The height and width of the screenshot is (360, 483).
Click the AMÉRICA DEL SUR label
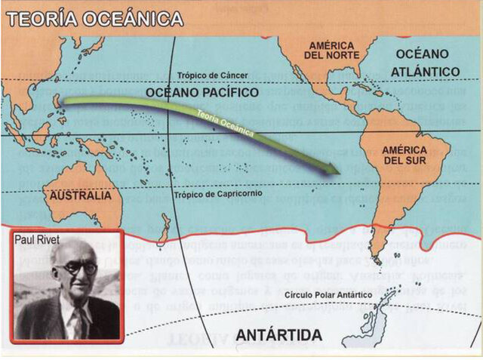pos(405,155)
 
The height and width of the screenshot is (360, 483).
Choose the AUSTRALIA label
pos(86,195)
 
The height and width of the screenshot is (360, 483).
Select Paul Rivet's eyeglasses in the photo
pos(79,268)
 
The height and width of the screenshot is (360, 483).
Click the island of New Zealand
pos(164,229)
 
